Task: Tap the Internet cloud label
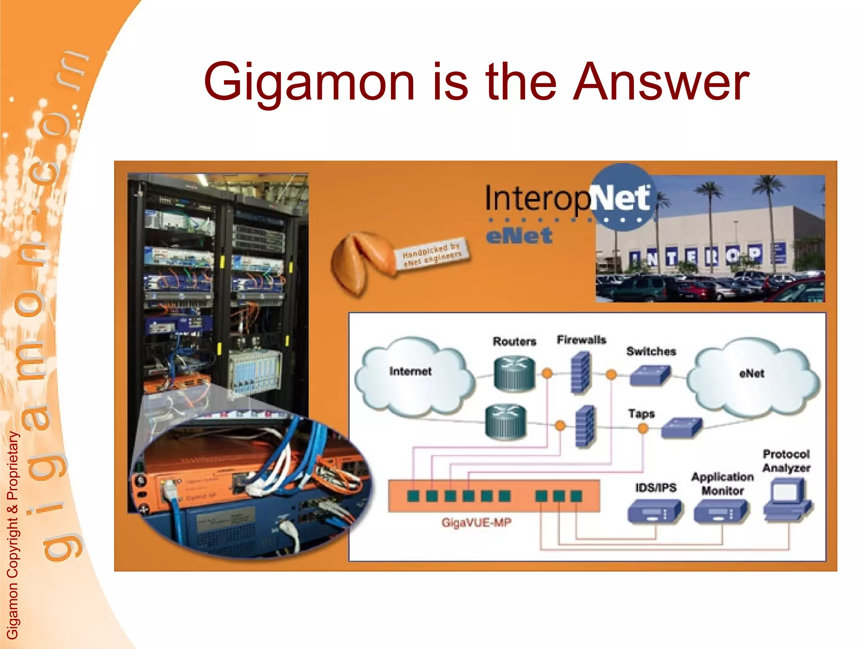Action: [410, 371]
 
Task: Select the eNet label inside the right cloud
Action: [752, 374]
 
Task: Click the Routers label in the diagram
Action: [514, 341]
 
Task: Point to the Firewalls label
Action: [581, 340]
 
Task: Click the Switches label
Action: [651, 351]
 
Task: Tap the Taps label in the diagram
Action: [641, 414]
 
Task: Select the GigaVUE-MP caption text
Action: [476, 523]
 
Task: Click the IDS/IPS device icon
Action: [655, 512]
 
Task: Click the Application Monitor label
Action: [722, 484]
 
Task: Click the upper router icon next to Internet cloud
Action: [514, 374]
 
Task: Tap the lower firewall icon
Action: [585, 426]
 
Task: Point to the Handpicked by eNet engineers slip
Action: [432, 254]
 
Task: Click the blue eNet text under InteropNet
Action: [519, 236]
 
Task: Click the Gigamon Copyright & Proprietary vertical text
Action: [13, 534]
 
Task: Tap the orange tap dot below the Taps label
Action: [643, 429]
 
